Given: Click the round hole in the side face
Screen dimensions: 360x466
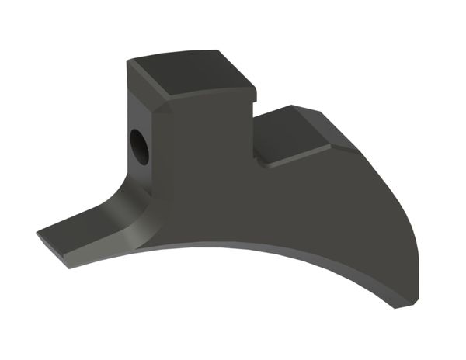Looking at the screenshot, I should point(140,145).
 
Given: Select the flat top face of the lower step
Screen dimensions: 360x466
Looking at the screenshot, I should point(299,136).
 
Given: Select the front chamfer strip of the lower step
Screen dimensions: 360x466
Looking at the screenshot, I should point(299,160).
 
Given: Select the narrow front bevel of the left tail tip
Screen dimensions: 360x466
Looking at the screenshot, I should point(54,250).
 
